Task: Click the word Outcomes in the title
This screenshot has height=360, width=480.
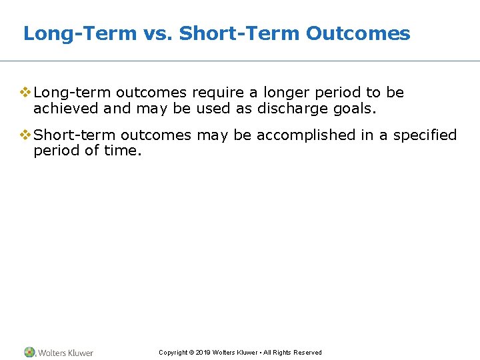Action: click(358, 33)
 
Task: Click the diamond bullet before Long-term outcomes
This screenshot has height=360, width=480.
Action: click(25, 92)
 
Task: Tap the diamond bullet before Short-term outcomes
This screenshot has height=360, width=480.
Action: click(25, 135)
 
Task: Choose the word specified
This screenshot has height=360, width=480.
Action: click(425, 135)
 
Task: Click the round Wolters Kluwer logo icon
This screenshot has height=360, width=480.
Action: click(29, 352)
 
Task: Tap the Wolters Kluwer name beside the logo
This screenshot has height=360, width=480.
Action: click(65, 353)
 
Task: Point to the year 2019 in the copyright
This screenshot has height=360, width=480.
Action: click(203, 353)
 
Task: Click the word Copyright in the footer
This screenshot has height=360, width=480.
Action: click(173, 353)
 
